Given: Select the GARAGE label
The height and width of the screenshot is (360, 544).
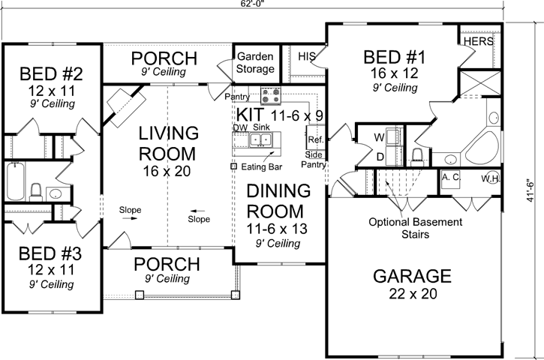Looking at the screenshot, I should coord(412,276).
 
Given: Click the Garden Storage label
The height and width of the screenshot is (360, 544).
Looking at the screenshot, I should coord(255,63).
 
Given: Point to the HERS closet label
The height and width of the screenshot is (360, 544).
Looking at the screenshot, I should coord(478,41).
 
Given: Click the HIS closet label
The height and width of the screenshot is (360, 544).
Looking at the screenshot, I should coord(307,56).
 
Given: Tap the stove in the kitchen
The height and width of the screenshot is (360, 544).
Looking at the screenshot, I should coord(270,95).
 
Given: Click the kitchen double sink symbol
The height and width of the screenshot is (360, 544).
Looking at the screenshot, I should coord(264,141).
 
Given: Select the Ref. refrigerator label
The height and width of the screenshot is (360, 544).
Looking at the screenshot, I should coord(314,139).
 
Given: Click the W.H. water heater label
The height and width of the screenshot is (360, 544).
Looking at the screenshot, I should coord(491,178).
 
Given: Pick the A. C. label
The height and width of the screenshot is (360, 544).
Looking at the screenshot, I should coord(451,178).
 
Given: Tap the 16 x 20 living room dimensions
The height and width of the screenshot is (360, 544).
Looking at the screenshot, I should coord(168,172).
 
